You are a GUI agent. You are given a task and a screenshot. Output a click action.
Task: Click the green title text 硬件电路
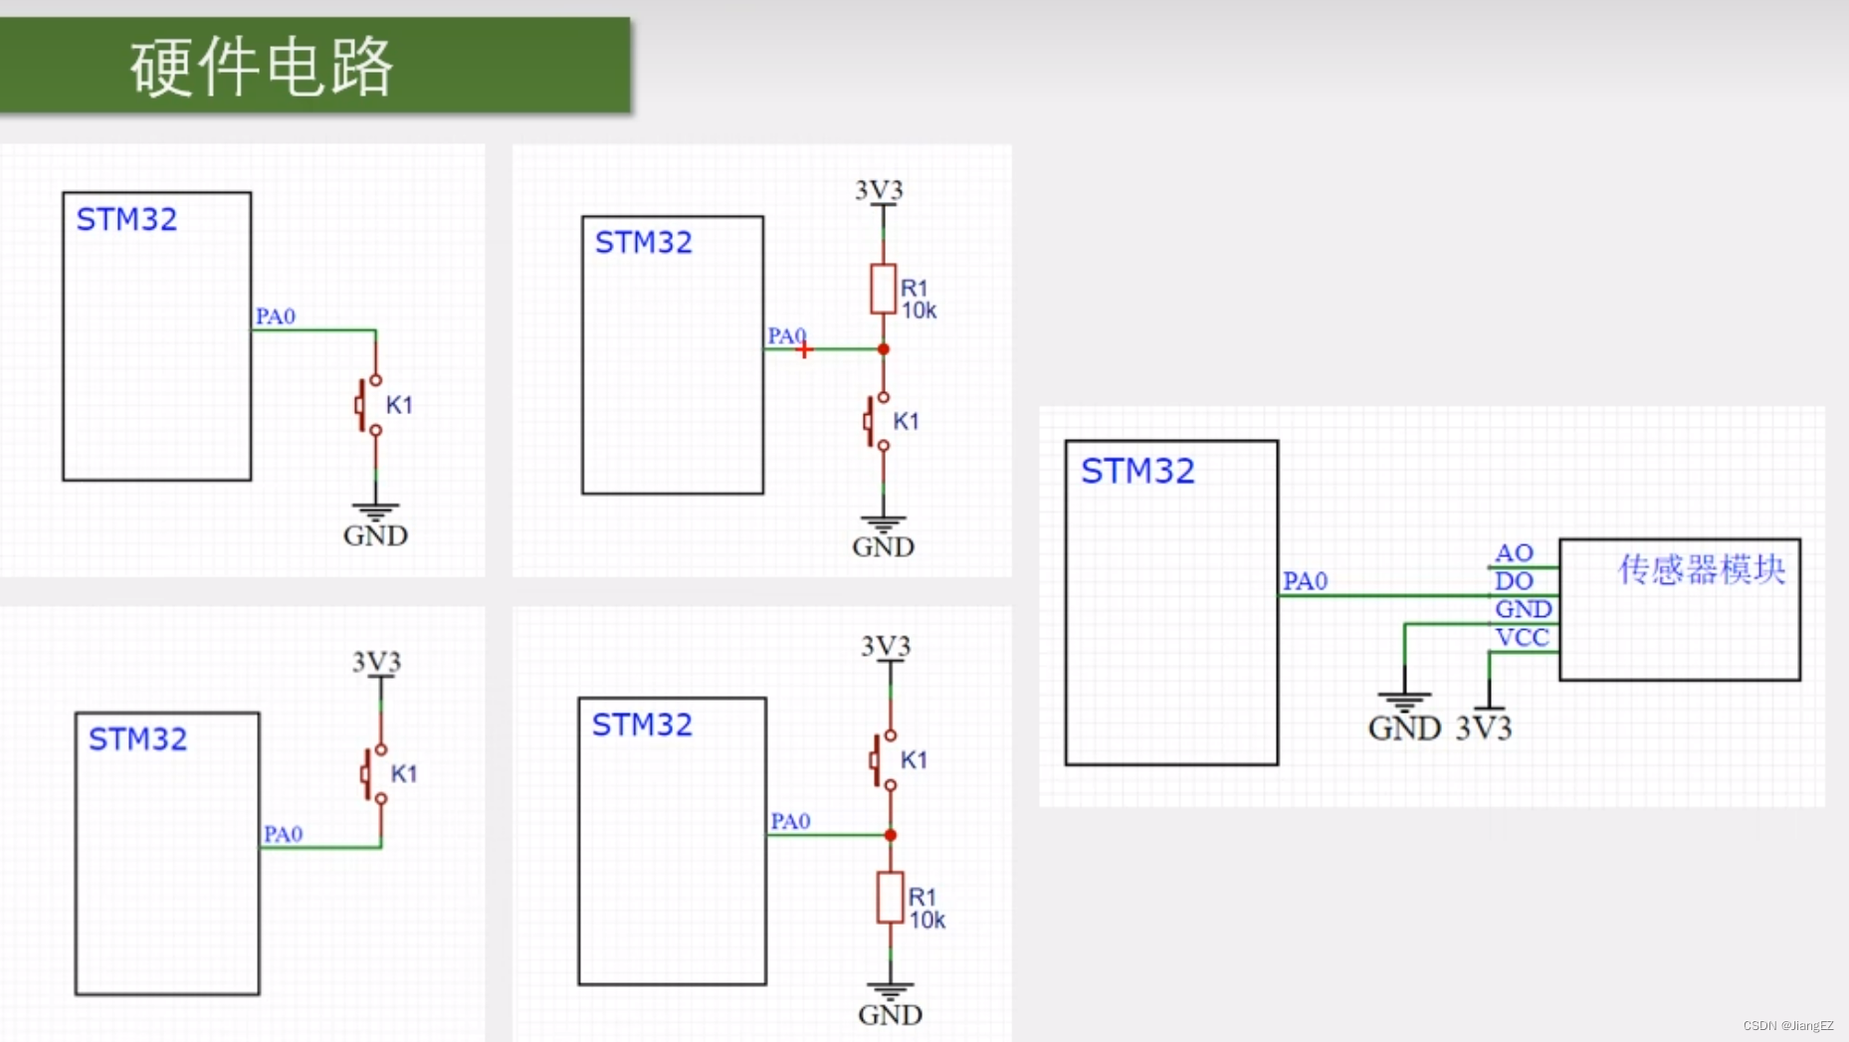click(x=262, y=67)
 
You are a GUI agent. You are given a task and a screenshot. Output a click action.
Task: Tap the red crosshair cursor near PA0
click(x=804, y=349)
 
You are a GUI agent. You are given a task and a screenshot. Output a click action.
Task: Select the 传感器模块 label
click(x=1701, y=569)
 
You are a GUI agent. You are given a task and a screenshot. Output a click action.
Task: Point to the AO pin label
click(x=1514, y=553)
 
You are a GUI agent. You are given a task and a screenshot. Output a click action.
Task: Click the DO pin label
click(x=1514, y=581)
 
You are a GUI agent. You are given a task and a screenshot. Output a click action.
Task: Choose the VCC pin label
click(x=1523, y=638)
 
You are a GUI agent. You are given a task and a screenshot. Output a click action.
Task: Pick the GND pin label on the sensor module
click(x=1523, y=609)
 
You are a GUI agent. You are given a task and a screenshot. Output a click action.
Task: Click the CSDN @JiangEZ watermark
click(x=1787, y=1025)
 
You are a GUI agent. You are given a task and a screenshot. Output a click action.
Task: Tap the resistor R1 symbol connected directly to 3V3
click(x=883, y=289)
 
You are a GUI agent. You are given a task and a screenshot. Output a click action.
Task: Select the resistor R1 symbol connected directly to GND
click(x=890, y=897)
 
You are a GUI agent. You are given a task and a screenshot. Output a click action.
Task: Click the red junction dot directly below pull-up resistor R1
click(x=883, y=349)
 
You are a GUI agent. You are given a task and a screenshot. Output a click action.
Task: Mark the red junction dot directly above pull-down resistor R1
click(x=890, y=835)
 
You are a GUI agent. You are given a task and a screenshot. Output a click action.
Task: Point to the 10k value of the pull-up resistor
click(x=919, y=312)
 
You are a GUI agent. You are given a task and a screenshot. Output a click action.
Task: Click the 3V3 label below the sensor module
click(x=1484, y=729)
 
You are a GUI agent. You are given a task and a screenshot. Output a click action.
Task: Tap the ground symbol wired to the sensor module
click(x=1404, y=701)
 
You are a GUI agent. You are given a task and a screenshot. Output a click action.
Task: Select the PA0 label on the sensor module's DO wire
click(x=1305, y=581)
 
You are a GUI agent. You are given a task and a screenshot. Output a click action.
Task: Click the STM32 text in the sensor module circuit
click(x=1137, y=471)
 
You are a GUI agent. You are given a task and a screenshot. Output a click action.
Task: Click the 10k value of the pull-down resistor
click(x=926, y=921)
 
